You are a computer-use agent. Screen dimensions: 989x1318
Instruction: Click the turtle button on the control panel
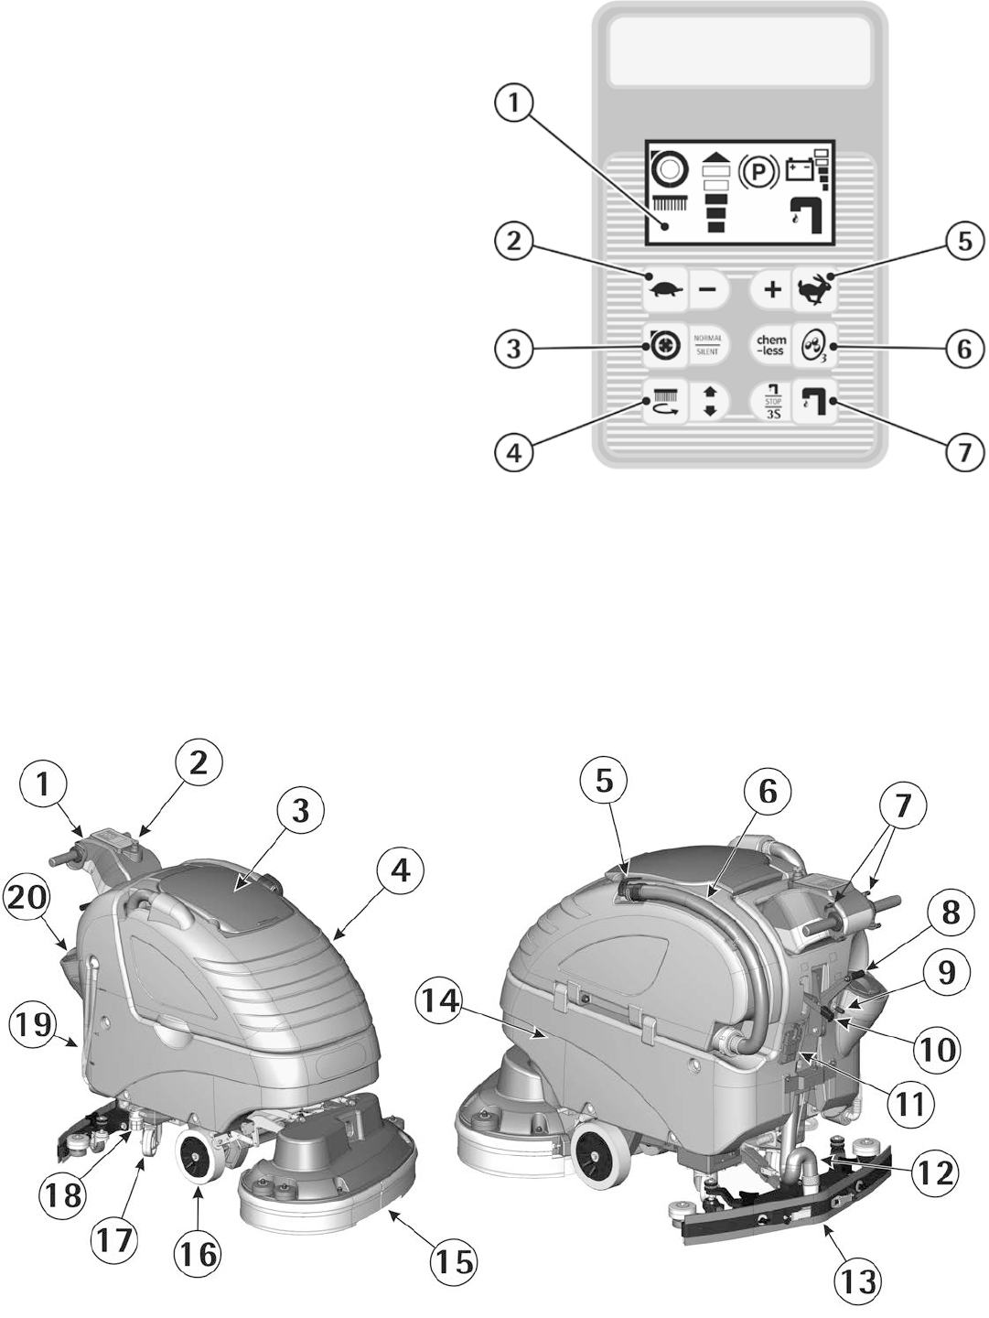665,290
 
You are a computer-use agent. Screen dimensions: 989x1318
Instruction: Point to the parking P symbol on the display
758,171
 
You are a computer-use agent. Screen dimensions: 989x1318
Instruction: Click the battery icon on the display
799,170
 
